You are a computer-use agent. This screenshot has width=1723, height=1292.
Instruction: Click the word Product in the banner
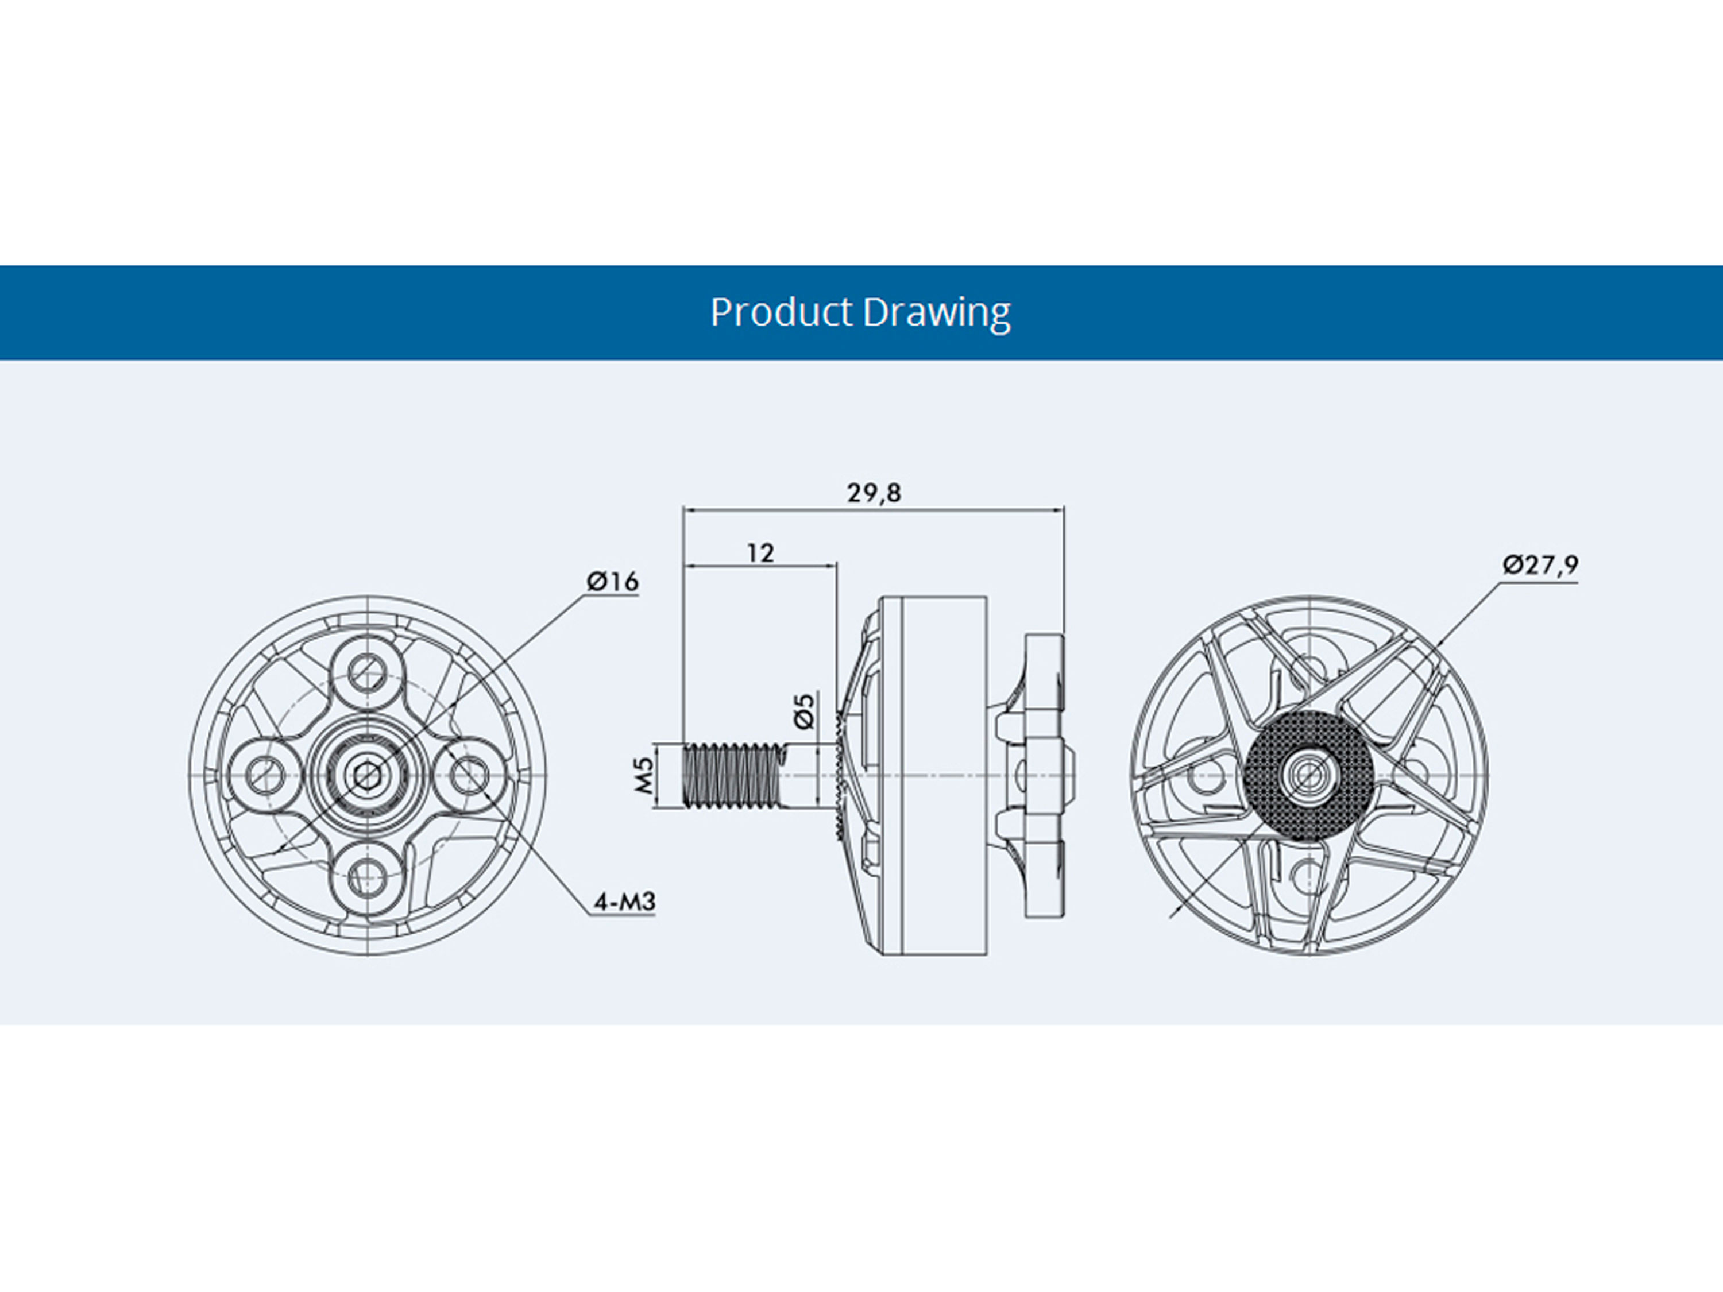[781, 312]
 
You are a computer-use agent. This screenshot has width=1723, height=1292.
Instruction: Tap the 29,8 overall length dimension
[874, 493]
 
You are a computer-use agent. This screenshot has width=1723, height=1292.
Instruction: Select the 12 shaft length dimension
[760, 553]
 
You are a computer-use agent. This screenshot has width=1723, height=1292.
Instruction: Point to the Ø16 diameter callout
[612, 582]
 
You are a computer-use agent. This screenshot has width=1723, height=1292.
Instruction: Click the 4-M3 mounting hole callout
[624, 903]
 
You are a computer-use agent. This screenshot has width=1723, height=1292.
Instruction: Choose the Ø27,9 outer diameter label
[1540, 564]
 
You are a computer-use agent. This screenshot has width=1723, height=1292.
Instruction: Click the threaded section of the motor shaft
[732, 776]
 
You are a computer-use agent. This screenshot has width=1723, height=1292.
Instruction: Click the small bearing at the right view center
[1308, 776]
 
